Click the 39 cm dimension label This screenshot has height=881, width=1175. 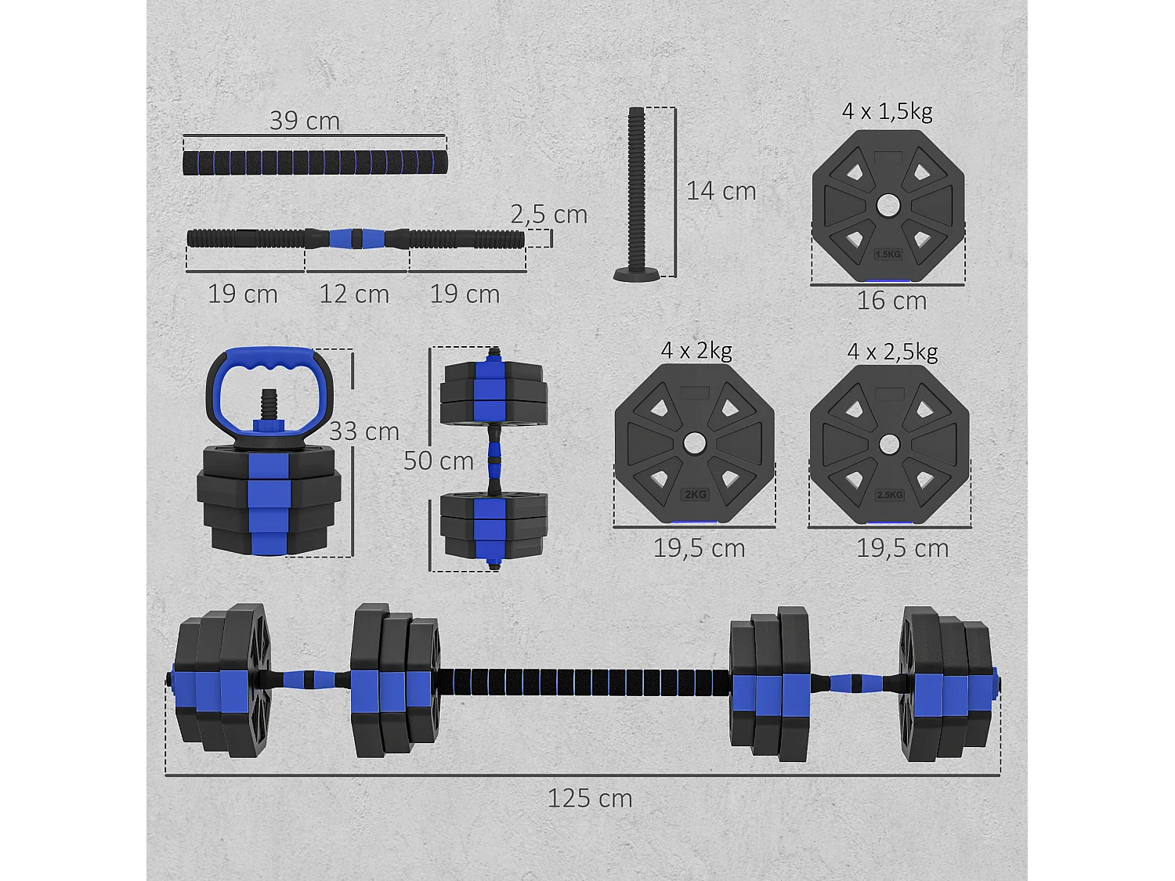[304, 121]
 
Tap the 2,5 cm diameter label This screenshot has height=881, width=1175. [548, 214]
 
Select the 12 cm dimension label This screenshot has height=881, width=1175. [354, 294]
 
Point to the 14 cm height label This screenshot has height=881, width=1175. [721, 190]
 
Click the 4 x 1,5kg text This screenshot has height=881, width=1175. [887, 111]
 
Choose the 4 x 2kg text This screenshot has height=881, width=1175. [696, 350]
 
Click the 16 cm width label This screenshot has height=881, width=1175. [891, 300]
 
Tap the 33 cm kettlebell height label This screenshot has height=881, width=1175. [363, 431]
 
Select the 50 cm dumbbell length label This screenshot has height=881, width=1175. [439, 460]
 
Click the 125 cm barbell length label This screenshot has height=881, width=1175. [589, 798]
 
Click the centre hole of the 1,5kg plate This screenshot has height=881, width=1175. [888, 206]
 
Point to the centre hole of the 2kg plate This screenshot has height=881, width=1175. [693, 443]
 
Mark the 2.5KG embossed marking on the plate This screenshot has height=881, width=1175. [889, 495]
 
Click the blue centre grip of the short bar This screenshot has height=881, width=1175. [356, 238]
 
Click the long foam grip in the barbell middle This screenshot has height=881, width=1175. [584, 681]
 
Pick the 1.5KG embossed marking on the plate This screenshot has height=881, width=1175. [888, 254]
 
